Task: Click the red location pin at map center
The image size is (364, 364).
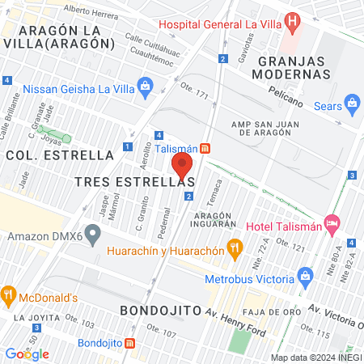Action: [x=182, y=167]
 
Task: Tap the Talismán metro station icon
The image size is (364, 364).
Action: [x=205, y=148]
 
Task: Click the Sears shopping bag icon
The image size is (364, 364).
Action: [x=352, y=103]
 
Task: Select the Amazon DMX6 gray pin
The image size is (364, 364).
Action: [x=94, y=237]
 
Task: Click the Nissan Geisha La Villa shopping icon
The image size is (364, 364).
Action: [x=146, y=84]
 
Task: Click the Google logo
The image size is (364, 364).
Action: [x=28, y=353]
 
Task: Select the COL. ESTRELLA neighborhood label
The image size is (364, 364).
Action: [x=59, y=154]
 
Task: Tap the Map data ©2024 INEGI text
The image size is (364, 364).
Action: [x=315, y=357]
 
